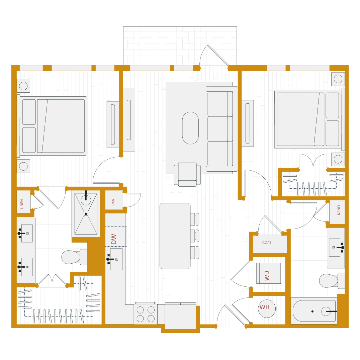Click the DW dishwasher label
[x=114, y=239]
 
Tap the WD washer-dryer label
[x=267, y=275]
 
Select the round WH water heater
[x=266, y=308]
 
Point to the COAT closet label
[x=267, y=243]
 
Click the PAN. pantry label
[x=113, y=201]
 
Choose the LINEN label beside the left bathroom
[x=22, y=204]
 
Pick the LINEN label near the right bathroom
[x=338, y=210]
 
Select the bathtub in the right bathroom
[x=314, y=311]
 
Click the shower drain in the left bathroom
[x=86, y=213]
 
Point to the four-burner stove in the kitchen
[x=146, y=314]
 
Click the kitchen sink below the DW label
[x=116, y=259]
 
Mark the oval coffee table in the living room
[x=190, y=128]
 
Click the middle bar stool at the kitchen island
[x=195, y=236]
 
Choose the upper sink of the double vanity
[x=27, y=233]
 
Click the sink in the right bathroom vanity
[x=334, y=247]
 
